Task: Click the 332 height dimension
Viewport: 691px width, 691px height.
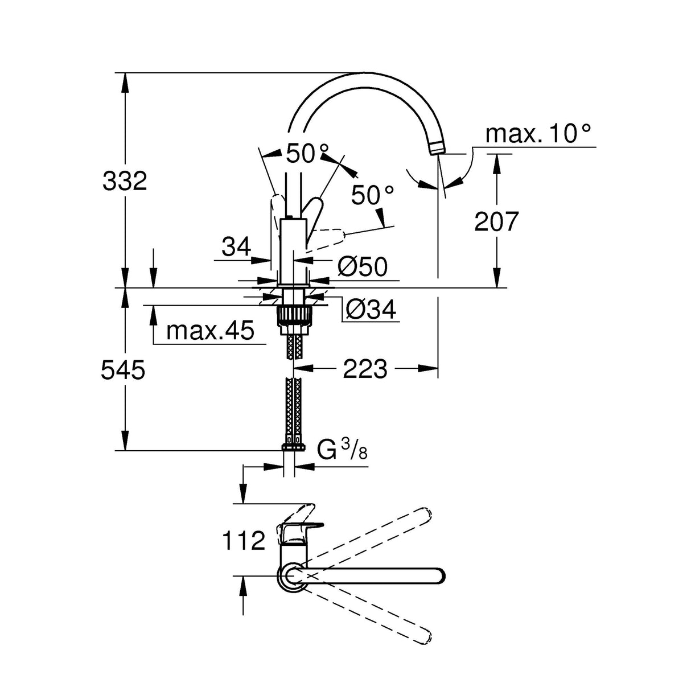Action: click(125, 181)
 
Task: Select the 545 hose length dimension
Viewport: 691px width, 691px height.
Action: click(123, 371)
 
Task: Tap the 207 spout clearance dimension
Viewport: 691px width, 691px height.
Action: click(496, 221)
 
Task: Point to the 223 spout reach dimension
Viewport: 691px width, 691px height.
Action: click(365, 369)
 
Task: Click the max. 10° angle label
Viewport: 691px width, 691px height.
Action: click(537, 134)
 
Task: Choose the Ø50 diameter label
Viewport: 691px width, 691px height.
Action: click(362, 266)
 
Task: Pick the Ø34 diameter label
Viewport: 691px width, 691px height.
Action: click(371, 310)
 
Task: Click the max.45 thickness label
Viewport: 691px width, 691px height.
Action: click(210, 331)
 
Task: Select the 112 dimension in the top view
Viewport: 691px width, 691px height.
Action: click(244, 540)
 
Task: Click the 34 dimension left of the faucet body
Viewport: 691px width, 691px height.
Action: click(236, 247)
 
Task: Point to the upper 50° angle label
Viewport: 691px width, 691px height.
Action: click(307, 153)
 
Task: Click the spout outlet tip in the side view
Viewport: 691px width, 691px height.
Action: click(436, 148)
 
